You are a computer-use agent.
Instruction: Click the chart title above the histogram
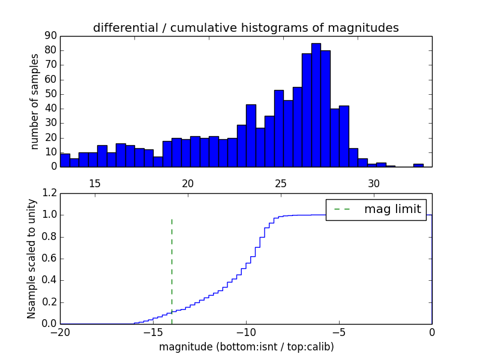coord(245,28)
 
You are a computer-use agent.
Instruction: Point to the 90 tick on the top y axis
coord(50,36)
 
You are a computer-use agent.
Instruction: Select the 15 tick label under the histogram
coord(95,183)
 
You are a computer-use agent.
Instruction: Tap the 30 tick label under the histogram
coord(374,183)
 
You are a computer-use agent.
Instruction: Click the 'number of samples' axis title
coord(35,101)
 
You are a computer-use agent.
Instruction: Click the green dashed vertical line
coord(172,264)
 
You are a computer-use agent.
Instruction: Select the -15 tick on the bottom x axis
coord(153,332)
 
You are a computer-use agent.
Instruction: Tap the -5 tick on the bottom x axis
coord(339,332)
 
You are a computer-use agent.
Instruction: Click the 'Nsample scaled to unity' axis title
coord(31,259)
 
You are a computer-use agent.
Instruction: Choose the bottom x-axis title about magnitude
coord(246,347)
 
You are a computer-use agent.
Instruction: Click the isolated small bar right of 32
coord(418,165)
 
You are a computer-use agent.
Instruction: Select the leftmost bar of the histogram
coord(65,160)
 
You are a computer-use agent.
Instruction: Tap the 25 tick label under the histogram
coord(281,183)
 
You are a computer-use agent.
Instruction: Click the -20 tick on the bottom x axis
coord(60,332)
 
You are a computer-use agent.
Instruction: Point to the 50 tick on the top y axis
coord(50,94)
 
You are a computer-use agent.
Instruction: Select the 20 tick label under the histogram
coord(188,183)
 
